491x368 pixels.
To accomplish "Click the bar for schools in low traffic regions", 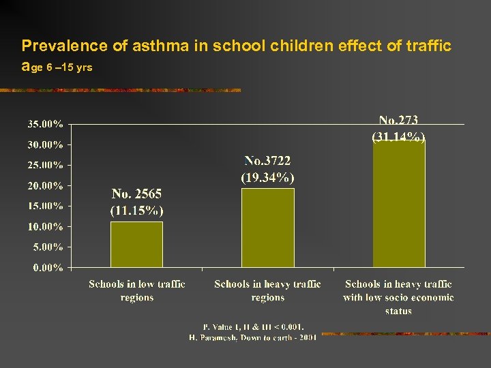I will [x=136, y=244].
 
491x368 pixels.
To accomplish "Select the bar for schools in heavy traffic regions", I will [x=267, y=228].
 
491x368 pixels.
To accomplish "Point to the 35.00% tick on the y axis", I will [x=45, y=125].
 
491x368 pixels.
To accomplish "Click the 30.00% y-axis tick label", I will [x=45, y=145].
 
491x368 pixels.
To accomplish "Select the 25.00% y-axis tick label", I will [x=45, y=166].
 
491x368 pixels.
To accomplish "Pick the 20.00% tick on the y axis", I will [x=45, y=186].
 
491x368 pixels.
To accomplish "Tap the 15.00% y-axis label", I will [x=45, y=206].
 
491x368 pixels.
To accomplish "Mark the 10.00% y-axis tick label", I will [x=45, y=227].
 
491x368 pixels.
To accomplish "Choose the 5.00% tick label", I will [x=48, y=247].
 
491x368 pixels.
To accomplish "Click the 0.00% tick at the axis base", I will [x=48, y=268].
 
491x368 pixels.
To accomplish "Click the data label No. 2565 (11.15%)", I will [x=136, y=202].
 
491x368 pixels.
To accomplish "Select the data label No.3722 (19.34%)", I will [x=267, y=169].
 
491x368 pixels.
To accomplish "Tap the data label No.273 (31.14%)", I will [x=398, y=129].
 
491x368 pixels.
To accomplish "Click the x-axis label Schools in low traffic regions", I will [x=136, y=291].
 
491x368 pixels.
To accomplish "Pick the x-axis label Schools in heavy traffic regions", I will [x=267, y=291].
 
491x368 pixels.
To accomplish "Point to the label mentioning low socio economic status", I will [x=398, y=298].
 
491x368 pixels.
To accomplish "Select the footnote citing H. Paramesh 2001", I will [x=252, y=338].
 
